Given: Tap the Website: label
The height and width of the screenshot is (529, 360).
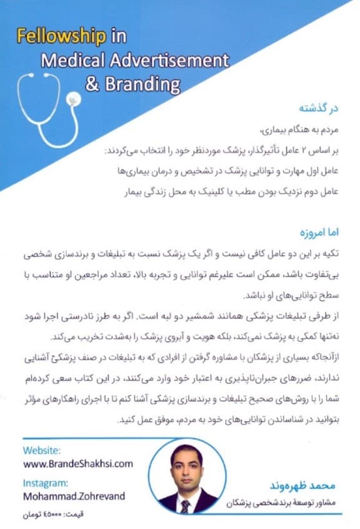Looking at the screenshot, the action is [x=42, y=450].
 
